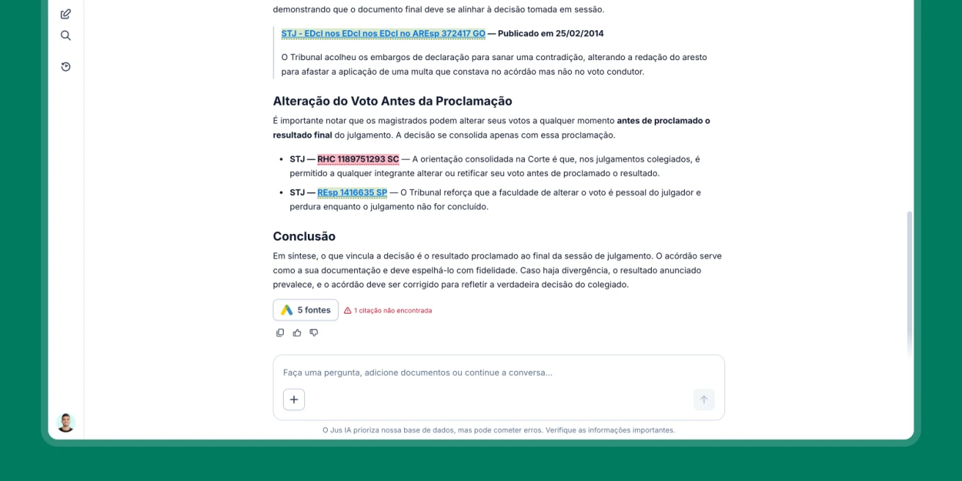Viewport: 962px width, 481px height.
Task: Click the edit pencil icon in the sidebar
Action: [66, 14]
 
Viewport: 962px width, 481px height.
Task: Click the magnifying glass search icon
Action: [66, 35]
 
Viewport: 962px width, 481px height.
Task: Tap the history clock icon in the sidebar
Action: [66, 67]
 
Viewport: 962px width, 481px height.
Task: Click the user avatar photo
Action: [66, 422]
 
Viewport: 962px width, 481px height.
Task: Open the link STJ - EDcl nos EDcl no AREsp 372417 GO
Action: [383, 34]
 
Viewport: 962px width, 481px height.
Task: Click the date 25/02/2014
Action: [580, 34]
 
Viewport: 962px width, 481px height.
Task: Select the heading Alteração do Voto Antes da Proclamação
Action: [392, 101]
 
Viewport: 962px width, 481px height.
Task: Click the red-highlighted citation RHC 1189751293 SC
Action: [358, 159]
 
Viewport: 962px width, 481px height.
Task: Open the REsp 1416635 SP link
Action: [352, 193]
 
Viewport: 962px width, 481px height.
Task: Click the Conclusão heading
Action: [304, 236]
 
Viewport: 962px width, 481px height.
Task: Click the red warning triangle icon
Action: [348, 310]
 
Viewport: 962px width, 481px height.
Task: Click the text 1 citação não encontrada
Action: [393, 310]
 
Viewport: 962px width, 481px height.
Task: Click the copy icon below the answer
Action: [280, 333]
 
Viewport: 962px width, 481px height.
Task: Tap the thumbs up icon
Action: [297, 333]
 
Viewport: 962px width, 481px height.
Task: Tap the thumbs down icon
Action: [314, 333]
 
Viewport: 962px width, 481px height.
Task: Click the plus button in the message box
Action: [294, 400]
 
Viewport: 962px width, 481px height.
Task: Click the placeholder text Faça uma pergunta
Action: [418, 372]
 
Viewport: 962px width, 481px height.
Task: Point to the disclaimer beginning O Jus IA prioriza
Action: [499, 430]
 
